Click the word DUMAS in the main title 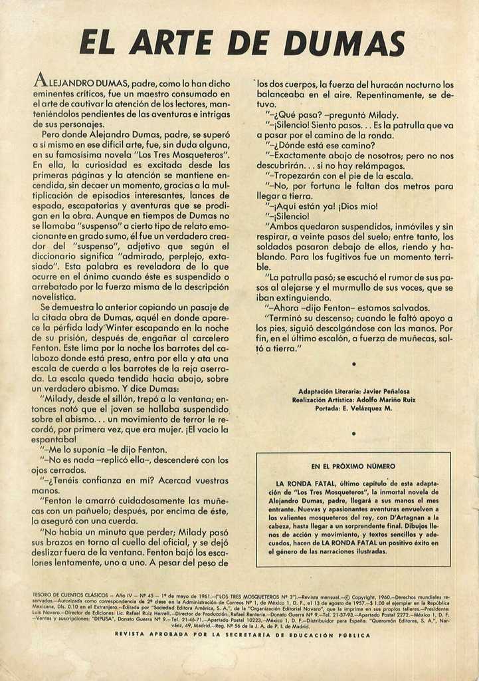click(x=344, y=43)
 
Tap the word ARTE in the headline click(x=169, y=43)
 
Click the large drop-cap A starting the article click(x=40, y=82)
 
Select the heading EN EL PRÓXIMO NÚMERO click(x=353, y=466)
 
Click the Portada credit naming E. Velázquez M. click(x=353, y=408)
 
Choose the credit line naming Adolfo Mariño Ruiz click(x=353, y=400)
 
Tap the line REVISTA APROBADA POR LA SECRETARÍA click(x=242, y=635)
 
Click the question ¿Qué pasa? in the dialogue click(x=294, y=114)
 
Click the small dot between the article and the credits click(x=353, y=364)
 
